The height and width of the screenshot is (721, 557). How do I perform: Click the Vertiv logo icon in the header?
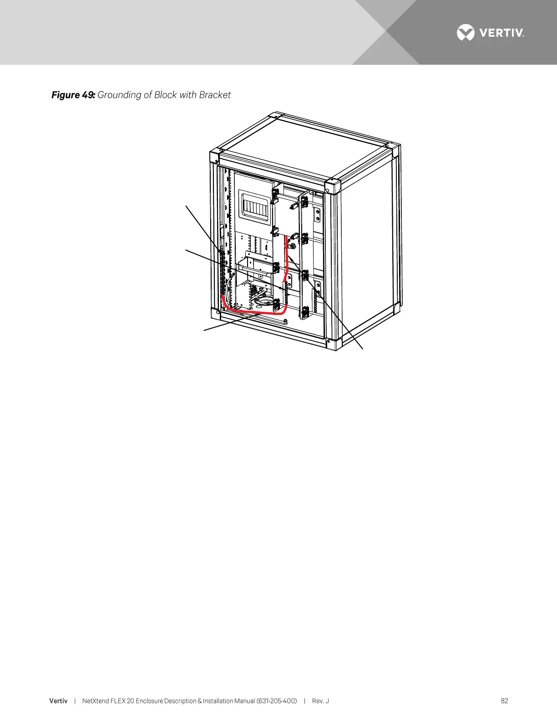click(x=466, y=33)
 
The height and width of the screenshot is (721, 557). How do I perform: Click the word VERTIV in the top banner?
click(x=501, y=33)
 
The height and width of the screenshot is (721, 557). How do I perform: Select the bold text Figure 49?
click(x=73, y=95)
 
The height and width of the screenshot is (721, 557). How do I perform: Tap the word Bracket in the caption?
click(x=215, y=95)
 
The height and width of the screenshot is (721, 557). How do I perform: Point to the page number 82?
click(x=504, y=701)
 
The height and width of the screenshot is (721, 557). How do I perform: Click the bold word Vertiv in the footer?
click(x=58, y=701)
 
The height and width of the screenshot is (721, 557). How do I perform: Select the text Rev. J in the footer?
click(x=320, y=701)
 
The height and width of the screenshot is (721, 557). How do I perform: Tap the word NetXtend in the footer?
click(x=96, y=701)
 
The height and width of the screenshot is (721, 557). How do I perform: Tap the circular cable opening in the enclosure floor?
click(x=266, y=300)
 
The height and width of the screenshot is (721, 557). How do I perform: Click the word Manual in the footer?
click(x=244, y=701)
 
